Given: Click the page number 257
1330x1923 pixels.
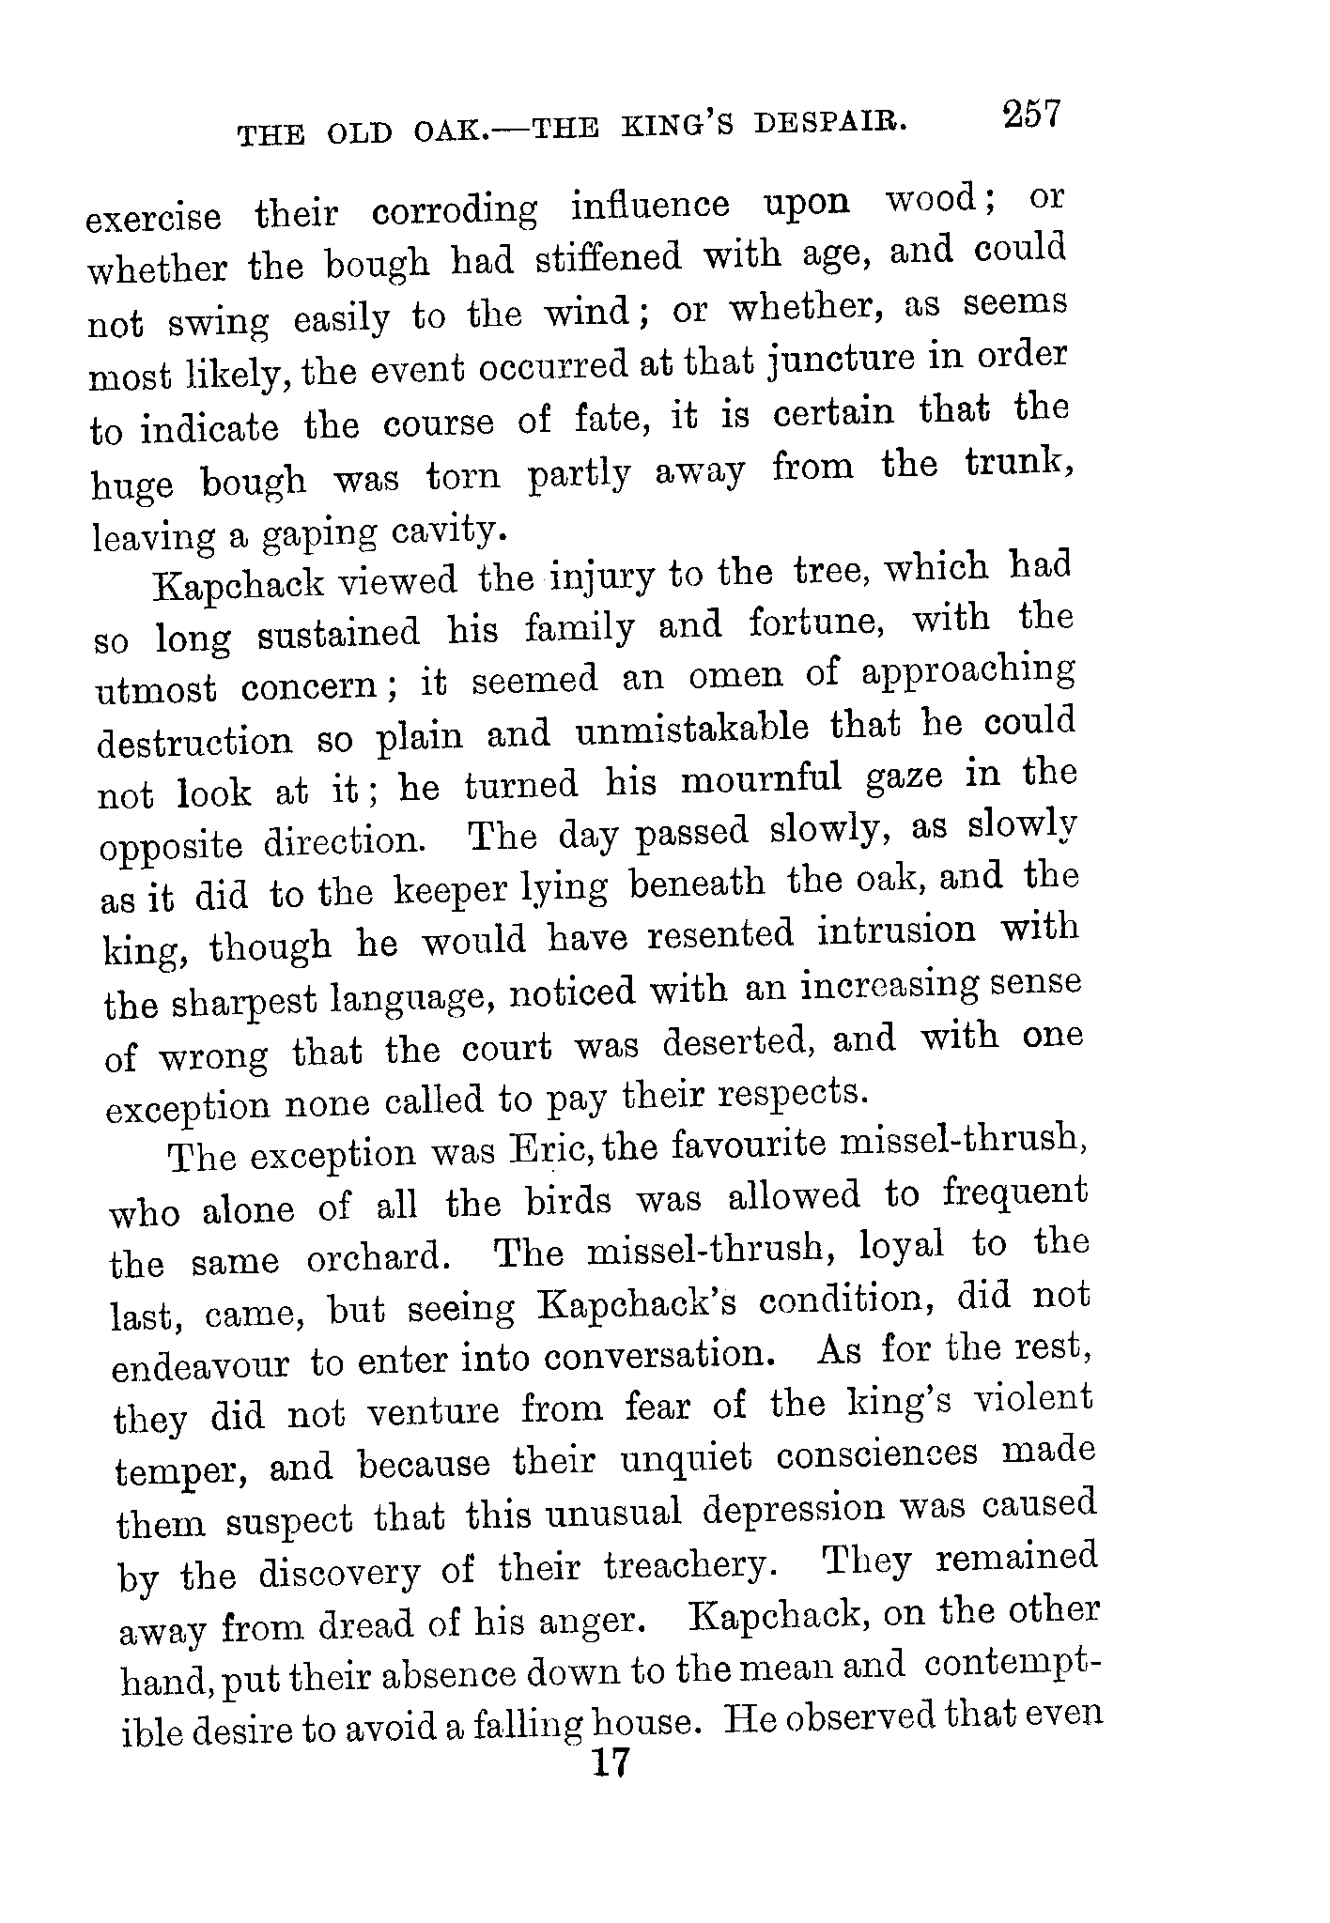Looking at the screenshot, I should (x=1031, y=115).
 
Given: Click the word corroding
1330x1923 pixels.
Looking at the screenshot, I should (x=455, y=210).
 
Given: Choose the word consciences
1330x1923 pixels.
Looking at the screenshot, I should (x=876, y=1455).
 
